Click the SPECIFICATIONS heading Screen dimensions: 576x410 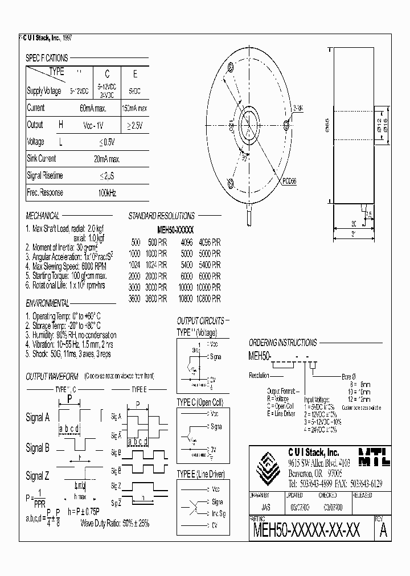(x=47, y=58)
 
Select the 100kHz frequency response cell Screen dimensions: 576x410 (x=106, y=193)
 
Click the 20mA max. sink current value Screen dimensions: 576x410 (x=106, y=159)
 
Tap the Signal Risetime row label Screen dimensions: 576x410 (x=45, y=176)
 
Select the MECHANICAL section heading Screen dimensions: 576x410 (x=43, y=216)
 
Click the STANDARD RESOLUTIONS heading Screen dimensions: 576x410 (x=161, y=216)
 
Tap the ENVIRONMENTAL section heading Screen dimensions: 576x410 (x=48, y=303)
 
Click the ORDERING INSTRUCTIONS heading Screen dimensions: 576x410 (x=282, y=343)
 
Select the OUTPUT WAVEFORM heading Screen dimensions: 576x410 (x=52, y=377)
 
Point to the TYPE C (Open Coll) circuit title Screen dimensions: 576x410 (x=199, y=402)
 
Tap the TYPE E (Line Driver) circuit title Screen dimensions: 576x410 (x=200, y=474)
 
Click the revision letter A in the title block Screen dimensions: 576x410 (x=383, y=532)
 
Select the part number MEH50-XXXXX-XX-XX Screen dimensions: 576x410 (x=306, y=531)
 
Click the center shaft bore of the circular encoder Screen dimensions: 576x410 (x=249, y=126)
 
